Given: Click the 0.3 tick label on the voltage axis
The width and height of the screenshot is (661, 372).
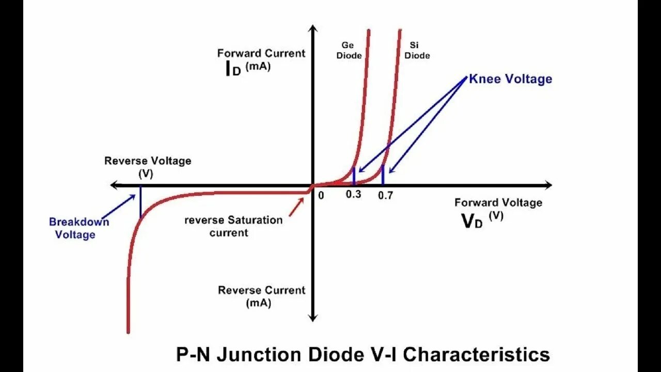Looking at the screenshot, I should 354,194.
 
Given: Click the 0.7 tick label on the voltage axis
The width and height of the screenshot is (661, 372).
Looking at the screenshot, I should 385,195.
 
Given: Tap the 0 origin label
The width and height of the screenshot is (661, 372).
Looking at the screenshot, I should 321,196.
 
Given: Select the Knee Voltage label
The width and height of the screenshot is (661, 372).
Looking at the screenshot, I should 510,79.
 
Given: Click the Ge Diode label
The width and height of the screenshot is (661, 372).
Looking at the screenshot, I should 349,51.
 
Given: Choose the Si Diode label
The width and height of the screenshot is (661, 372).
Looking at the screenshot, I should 417,51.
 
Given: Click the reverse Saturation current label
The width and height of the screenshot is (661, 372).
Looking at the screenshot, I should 233,226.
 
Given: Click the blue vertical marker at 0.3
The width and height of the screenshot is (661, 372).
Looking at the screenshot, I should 354,176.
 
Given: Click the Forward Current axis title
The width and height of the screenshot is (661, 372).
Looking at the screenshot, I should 261,53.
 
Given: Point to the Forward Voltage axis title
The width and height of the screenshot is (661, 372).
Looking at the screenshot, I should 498,203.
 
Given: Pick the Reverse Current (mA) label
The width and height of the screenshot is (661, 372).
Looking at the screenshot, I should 261,296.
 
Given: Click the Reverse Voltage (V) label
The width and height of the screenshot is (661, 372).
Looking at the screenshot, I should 148,166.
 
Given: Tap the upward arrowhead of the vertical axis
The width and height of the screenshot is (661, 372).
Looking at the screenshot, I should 312,29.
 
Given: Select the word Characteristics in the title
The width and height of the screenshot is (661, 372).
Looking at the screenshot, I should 476,355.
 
